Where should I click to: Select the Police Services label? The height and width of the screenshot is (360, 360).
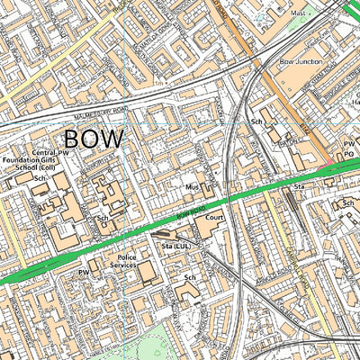point(122,262)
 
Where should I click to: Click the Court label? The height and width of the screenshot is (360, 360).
point(213,218)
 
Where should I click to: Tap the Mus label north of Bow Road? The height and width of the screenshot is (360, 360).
point(191,187)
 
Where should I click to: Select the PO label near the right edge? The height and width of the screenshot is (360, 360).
point(350,155)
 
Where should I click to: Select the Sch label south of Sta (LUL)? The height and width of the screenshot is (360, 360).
point(190,278)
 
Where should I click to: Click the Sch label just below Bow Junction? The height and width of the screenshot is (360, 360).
point(256,121)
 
